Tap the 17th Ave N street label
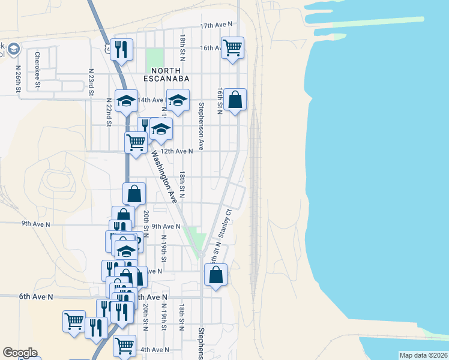coord(216,26)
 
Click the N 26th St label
coord(18,79)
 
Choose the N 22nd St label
coord(109,112)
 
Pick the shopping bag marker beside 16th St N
coord(236,100)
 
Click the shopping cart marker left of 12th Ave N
coord(136,143)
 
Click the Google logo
coord(20,353)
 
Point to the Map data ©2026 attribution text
coord(423,355)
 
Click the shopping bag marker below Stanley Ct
coord(215,275)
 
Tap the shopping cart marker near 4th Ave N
coord(124,346)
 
